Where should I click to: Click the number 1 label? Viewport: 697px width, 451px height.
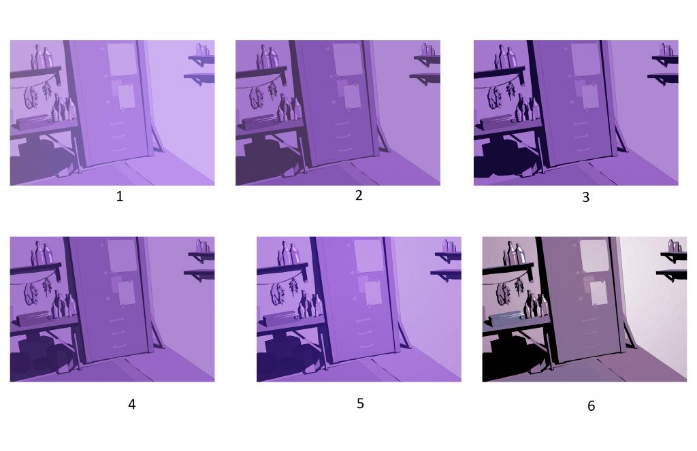pyautogui.click(x=120, y=197)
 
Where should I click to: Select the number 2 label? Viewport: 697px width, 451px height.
pyautogui.click(x=359, y=195)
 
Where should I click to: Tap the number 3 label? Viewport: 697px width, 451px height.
pyautogui.click(x=586, y=197)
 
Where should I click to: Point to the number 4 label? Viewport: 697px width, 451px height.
pyautogui.click(x=131, y=404)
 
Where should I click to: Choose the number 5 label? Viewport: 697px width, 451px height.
pyautogui.click(x=361, y=403)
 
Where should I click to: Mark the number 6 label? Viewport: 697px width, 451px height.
pyautogui.click(x=591, y=405)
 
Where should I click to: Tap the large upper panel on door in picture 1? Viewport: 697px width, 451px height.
pyautogui.click(x=121, y=59)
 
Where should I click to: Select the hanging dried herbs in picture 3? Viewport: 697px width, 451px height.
pyautogui.click(x=502, y=95)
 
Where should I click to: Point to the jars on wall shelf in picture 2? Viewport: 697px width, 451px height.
pyautogui.click(x=427, y=50)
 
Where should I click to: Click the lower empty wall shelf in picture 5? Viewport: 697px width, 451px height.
pyautogui.click(x=446, y=274)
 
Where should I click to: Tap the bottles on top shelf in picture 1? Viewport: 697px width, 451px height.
pyautogui.click(x=42, y=57)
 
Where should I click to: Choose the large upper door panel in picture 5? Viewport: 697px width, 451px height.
pyautogui.click(x=368, y=256)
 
